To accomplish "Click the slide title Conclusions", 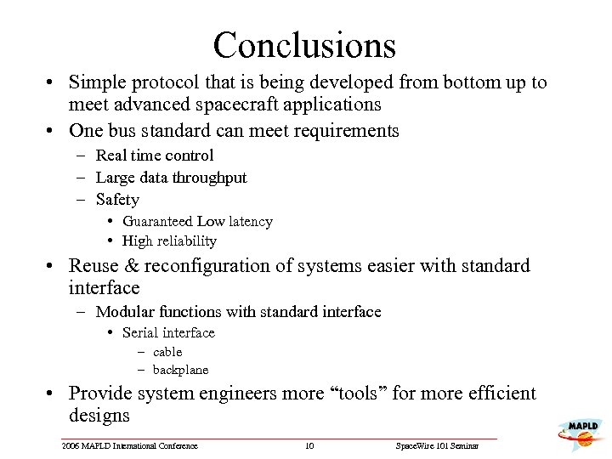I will tap(304, 44).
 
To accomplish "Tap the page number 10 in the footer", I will tap(309, 446).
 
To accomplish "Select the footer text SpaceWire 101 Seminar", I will tap(438, 446).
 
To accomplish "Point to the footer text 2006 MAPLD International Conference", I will tap(129, 446).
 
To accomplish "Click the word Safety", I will tap(117, 200).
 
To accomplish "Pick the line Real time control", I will tap(155, 156).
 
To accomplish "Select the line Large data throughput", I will tap(171, 178).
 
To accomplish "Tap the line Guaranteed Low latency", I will tap(197, 222).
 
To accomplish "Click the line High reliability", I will tap(169, 241).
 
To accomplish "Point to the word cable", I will tap(167, 352).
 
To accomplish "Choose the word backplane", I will tap(180, 370).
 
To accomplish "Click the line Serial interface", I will tap(168, 332).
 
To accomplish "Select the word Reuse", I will tap(94, 266).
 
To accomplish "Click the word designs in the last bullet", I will tap(99, 416).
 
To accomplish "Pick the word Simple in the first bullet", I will tap(95, 82).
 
